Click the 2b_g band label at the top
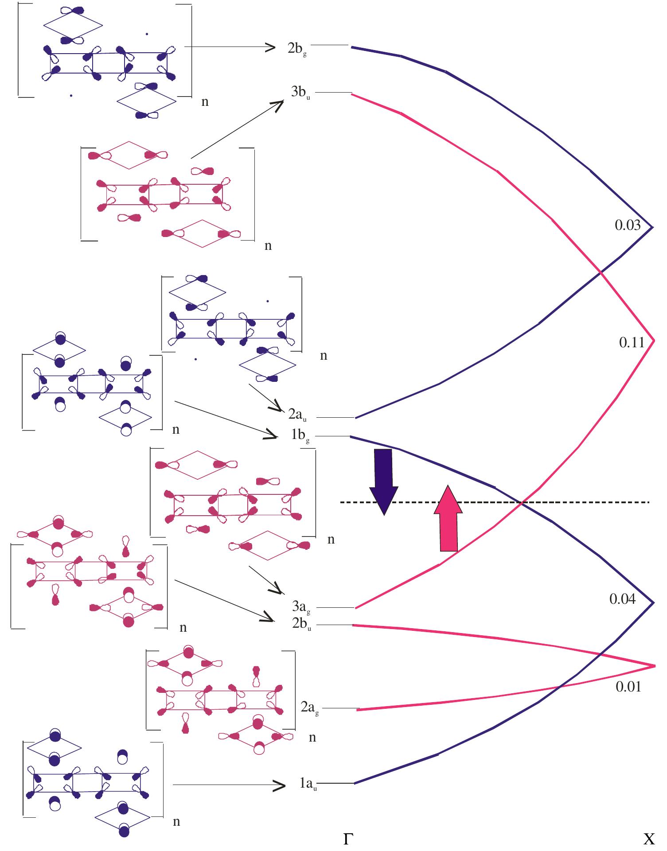(x=296, y=49)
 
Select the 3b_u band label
(x=300, y=93)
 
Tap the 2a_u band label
(x=297, y=415)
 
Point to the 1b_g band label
(x=300, y=436)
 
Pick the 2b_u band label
(x=301, y=624)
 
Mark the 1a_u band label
(x=308, y=784)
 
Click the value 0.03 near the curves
(x=627, y=225)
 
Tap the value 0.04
(x=622, y=599)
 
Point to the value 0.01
(x=628, y=687)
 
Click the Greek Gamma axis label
(x=348, y=839)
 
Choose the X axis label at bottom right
(x=648, y=839)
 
